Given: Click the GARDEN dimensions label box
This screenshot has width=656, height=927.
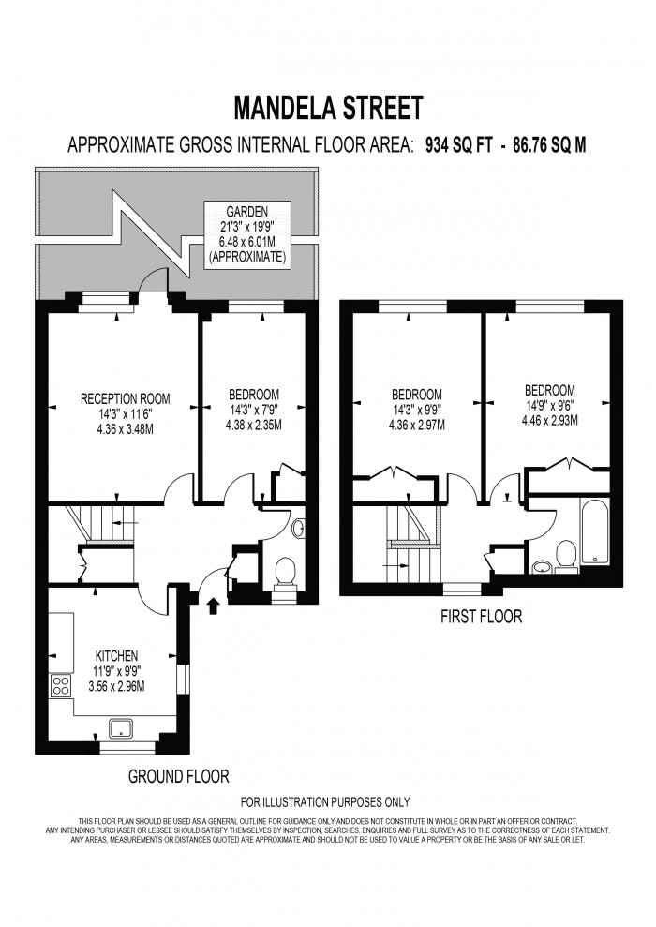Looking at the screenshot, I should click(247, 234).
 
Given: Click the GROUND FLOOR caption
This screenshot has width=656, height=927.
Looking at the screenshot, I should click(178, 776).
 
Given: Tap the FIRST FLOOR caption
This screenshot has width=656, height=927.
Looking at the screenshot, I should click(482, 617).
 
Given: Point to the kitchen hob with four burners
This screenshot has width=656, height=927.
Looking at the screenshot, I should click(62, 685).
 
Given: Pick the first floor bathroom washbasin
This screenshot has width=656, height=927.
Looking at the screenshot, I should click(541, 566).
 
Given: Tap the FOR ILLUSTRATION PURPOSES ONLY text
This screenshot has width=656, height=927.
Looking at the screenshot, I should click(325, 801).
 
